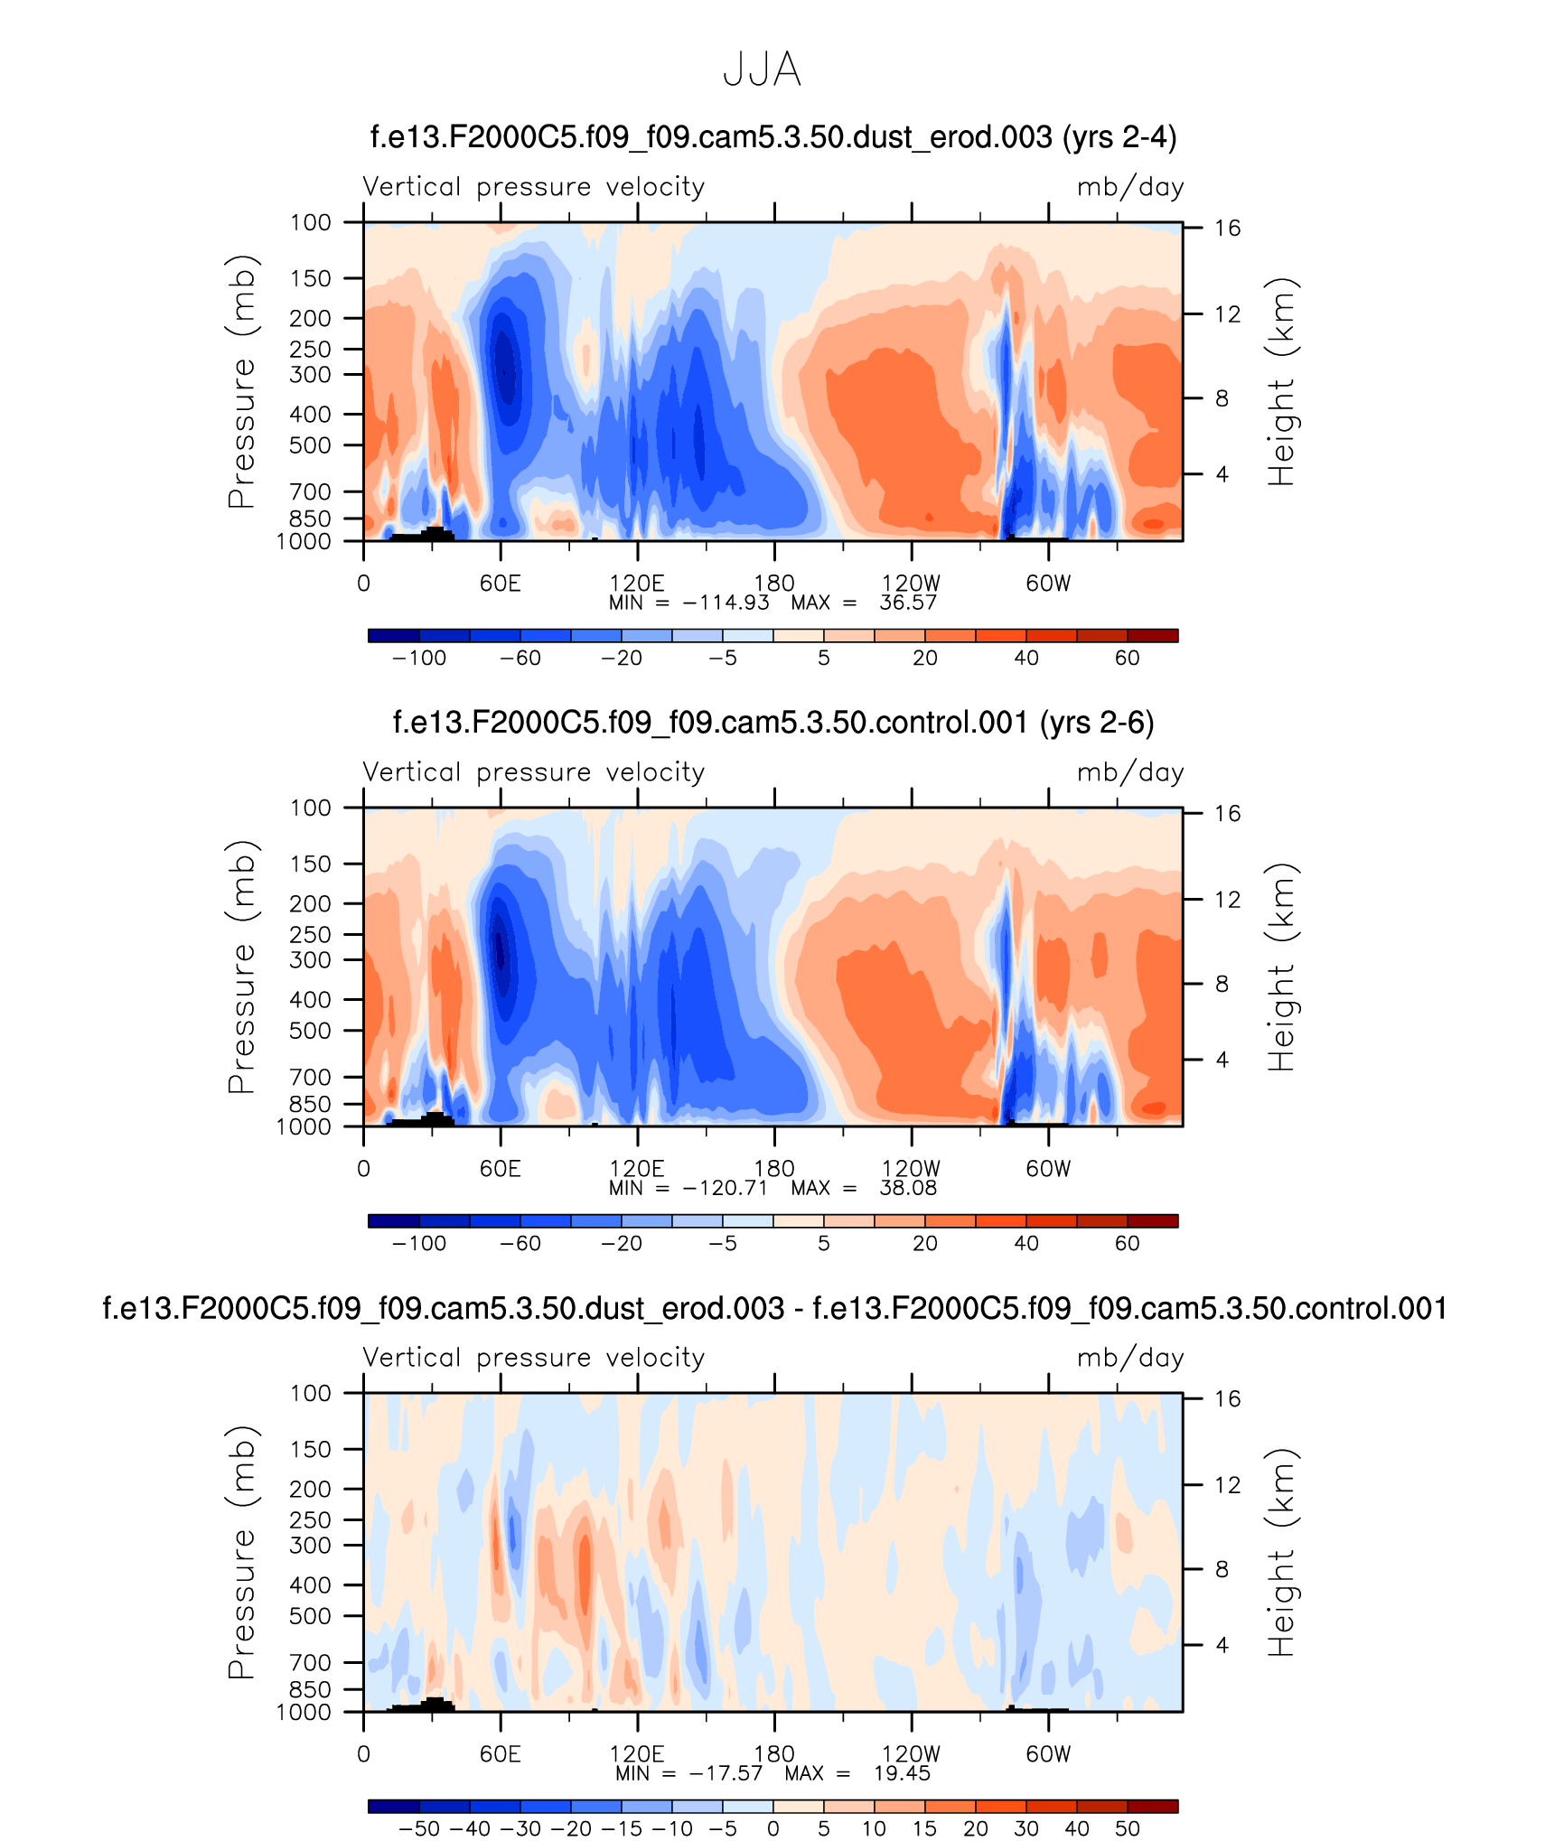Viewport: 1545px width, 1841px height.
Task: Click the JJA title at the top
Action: [762, 70]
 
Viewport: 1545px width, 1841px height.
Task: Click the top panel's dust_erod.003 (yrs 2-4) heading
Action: [773, 137]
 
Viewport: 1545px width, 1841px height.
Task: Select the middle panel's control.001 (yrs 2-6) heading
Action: [773, 723]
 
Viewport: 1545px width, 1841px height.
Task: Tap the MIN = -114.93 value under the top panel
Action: [689, 603]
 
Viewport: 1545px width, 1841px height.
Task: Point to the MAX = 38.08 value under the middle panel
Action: [864, 1188]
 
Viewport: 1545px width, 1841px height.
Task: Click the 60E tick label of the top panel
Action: [501, 584]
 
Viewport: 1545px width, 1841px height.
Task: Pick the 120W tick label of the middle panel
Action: [911, 1169]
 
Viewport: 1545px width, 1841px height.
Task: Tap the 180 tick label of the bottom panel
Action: [774, 1754]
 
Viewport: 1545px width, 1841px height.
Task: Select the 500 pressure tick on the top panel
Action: [310, 445]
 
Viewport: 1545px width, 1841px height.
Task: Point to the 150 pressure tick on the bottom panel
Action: [310, 1449]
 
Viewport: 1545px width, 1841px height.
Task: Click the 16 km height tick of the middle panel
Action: [1227, 814]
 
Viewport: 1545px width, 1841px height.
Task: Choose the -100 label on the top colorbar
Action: [419, 659]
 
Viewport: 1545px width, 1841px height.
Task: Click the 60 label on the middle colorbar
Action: [1127, 1244]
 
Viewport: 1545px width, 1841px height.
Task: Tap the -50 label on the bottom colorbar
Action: [419, 1829]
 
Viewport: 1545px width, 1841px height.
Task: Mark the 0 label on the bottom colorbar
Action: [772, 1829]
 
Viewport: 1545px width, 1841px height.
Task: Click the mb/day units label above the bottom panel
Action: [1130, 1358]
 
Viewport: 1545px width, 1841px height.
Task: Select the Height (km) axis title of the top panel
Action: [1281, 381]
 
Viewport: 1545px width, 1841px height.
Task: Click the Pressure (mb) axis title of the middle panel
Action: [242, 967]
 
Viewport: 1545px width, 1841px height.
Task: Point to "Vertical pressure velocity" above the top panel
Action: [533, 187]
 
